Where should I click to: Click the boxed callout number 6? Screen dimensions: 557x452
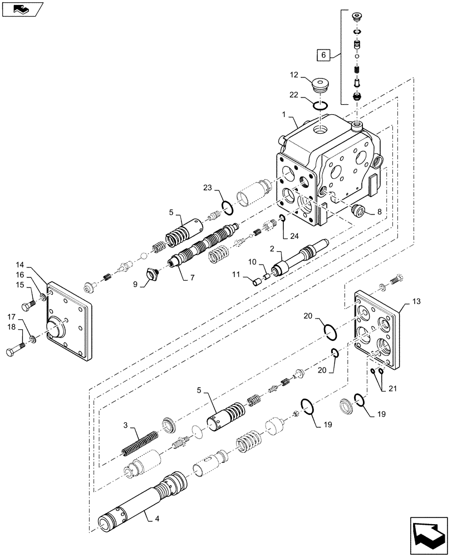pos(323,55)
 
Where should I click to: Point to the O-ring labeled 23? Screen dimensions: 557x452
pos(227,208)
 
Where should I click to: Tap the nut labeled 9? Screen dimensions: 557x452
pos(151,274)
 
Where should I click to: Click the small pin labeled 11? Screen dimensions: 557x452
pos(258,282)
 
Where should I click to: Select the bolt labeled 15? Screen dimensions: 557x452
pos(28,305)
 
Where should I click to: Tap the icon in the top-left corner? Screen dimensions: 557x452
pos(22,9)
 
